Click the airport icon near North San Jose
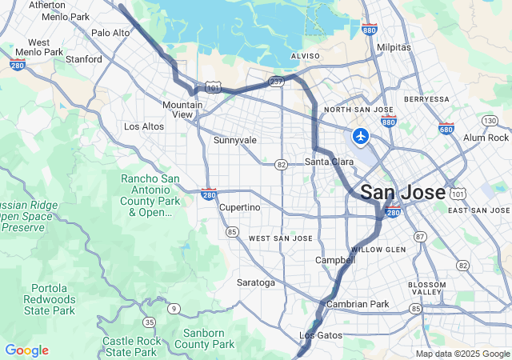click(361, 137)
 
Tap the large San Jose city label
click(402, 193)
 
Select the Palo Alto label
click(110, 33)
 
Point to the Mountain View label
click(182, 110)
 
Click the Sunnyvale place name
click(235, 140)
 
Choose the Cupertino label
click(240, 207)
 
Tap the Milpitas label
click(393, 47)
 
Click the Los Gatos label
click(320, 334)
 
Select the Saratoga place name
click(256, 282)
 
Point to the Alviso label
click(305, 56)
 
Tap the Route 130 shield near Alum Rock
click(490, 121)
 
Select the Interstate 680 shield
click(446, 128)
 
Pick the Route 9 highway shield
click(174, 308)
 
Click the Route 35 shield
click(149, 322)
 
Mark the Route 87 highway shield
click(419, 237)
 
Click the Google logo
click(26, 350)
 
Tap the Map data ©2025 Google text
click(462, 354)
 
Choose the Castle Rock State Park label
click(130, 346)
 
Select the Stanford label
click(83, 59)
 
